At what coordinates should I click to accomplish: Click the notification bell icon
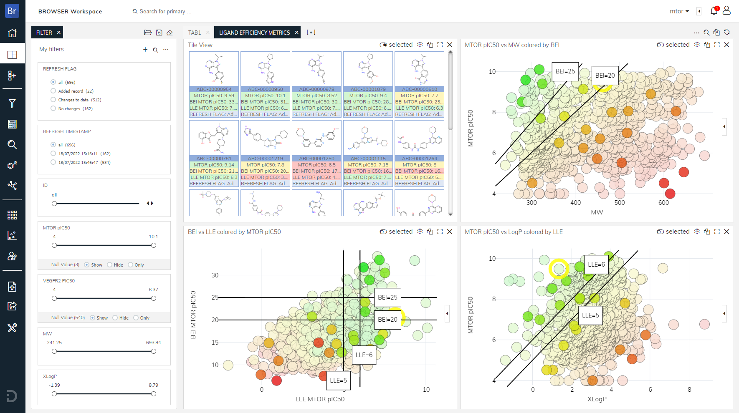(714, 11)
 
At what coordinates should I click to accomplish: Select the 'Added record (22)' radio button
(53, 91)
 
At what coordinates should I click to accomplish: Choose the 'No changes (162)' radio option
(53, 108)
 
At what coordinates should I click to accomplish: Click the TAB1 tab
(195, 33)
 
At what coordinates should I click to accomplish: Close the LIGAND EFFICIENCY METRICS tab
(297, 33)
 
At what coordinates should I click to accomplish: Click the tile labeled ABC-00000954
(214, 89)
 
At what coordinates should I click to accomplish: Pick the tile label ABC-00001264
(419, 159)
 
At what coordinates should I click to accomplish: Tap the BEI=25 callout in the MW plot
(565, 71)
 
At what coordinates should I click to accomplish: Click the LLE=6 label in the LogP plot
(596, 264)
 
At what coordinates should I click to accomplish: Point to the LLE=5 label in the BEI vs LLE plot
(338, 380)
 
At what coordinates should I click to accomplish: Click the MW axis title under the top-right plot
(597, 212)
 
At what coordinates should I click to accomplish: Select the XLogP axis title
(597, 399)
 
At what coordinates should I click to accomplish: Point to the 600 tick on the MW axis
(663, 203)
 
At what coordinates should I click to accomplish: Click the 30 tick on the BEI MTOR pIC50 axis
(215, 275)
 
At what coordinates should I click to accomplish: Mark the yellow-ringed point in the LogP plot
(559, 269)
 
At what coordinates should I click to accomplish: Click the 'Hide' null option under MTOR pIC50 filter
(110, 265)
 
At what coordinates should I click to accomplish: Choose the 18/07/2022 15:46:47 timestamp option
(53, 162)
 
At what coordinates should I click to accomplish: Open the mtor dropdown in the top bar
(679, 11)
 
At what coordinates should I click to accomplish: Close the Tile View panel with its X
(450, 45)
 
